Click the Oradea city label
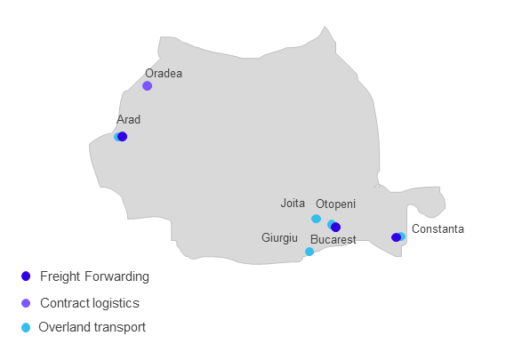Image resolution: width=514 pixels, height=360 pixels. tap(164, 74)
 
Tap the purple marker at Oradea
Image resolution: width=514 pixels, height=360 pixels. tap(148, 86)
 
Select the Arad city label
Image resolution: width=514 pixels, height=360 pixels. tap(128, 120)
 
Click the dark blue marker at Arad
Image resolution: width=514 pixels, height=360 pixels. tap(122, 136)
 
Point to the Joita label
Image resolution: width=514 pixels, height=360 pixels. tap(293, 203)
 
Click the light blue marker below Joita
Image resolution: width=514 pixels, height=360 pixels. tap(316, 219)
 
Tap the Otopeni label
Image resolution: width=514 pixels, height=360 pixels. tap(335, 204)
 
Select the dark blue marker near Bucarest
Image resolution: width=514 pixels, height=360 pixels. tap(335, 227)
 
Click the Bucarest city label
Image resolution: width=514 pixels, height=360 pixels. tap(333, 239)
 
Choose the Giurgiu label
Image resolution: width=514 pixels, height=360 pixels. tap(279, 238)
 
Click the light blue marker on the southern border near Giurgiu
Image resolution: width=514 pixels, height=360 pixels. tap(309, 252)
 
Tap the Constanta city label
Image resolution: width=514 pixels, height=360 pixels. tap(438, 228)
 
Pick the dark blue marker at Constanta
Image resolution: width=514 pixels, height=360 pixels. tap(396, 237)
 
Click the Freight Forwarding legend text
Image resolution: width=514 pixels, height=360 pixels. tap(95, 276)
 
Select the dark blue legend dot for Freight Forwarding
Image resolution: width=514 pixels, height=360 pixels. tap(26, 276)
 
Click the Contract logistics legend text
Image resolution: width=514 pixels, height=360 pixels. tap(90, 303)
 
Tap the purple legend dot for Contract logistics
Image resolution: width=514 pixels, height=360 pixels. tap(26, 303)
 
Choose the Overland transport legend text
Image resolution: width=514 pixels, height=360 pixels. tap(92, 327)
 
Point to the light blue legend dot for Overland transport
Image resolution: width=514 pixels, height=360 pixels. tap(26, 328)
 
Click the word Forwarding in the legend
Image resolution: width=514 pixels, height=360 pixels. tap(117, 276)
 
